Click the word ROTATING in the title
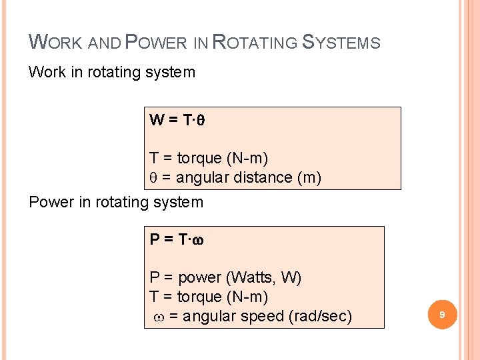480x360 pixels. point(255,43)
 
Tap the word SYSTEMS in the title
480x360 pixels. point(341,43)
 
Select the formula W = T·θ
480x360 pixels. point(176,121)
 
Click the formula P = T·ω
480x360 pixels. point(177,240)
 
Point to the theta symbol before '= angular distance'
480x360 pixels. point(153,178)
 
